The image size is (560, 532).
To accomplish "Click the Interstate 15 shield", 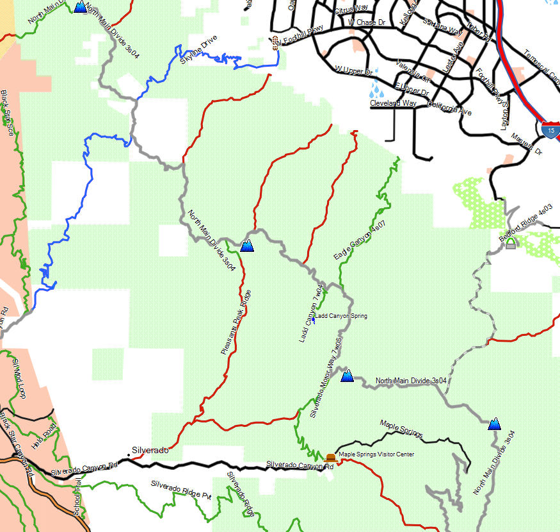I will [x=550, y=129].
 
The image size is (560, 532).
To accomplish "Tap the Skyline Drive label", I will [x=198, y=49].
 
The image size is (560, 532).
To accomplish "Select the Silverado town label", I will [x=149, y=450].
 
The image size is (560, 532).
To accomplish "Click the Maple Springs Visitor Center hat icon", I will [x=330, y=457].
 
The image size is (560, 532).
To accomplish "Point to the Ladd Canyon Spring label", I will [x=341, y=316].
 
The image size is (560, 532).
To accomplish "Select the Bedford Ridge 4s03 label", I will [x=527, y=222].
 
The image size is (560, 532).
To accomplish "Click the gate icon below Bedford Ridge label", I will [x=510, y=244].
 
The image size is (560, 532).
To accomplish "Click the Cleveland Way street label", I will [x=393, y=103].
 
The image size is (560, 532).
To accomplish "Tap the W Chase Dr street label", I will [x=367, y=22].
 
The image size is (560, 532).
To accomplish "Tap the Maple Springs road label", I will [x=401, y=429].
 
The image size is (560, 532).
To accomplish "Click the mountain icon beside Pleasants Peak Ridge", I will [x=247, y=244].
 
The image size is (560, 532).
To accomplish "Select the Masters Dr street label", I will [x=526, y=145].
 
